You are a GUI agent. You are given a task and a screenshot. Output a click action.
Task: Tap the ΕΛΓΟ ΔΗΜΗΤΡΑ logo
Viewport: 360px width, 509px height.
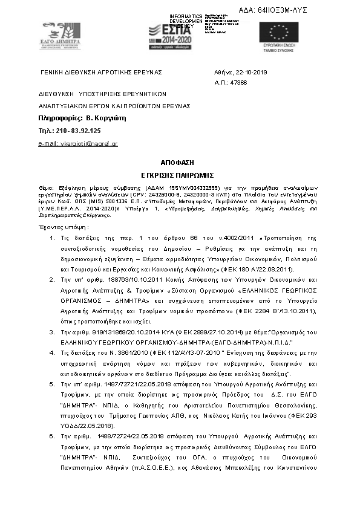click(x=59, y=37)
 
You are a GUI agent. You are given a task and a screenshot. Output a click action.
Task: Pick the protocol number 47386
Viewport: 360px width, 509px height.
click(x=239, y=82)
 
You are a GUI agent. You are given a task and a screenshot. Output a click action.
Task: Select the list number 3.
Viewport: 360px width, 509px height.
click(x=52, y=332)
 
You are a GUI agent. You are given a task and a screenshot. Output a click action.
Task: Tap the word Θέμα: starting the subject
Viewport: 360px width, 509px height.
click(x=45, y=189)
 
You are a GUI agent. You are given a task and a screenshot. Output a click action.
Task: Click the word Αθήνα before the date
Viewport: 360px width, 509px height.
click(x=223, y=72)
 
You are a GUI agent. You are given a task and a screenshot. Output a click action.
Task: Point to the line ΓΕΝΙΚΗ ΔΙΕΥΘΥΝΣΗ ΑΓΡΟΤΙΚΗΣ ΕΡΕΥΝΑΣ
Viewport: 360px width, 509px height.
click(x=101, y=72)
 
